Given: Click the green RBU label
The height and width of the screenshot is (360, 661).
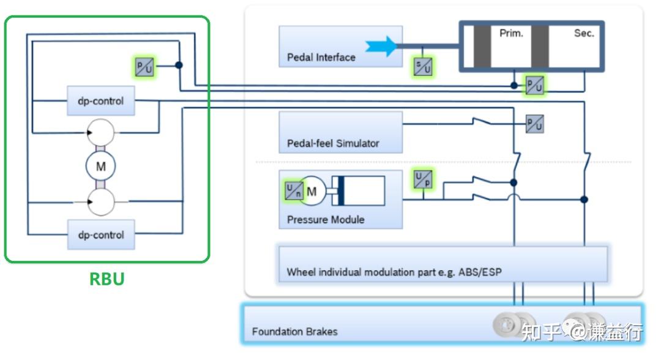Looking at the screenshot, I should pyautogui.click(x=107, y=279).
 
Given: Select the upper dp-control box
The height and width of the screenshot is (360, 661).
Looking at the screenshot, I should pyautogui.click(x=100, y=101).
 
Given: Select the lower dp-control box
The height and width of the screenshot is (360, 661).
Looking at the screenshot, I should pyautogui.click(x=100, y=235).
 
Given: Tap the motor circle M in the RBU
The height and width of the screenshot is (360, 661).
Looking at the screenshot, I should pyautogui.click(x=100, y=166).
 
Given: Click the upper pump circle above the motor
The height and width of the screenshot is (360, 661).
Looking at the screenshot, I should pyautogui.click(x=100, y=131).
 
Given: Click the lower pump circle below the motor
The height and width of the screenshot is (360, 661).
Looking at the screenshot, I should pyautogui.click(x=100, y=201).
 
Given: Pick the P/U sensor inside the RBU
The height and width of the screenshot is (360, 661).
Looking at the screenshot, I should pyautogui.click(x=144, y=67).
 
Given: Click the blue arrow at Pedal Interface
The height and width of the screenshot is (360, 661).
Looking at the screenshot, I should pyautogui.click(x=381, y=47).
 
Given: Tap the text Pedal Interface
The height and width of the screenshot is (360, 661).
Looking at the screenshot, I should pyautogui.click(x=321, y=58).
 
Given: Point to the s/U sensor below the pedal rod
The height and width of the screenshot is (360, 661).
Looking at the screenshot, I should pyautogui.click(x=422, y=66).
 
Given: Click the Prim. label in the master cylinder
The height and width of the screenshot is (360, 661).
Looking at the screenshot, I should pyautogui.click(x=511, y=34).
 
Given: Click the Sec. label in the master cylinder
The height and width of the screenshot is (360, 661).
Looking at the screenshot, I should pyautogui.click(x=584, y=34).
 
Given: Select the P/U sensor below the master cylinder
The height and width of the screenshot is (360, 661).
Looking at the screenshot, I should pyautogui.click(x=534, y=85).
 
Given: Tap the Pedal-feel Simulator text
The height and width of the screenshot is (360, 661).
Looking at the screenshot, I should pyautogui.click(x=333, y=143).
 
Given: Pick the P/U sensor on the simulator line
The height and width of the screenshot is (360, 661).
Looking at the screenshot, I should pyautogui.click(x=534, y=124).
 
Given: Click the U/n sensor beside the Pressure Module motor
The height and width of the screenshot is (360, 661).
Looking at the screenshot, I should pyautogui.click(x=293, y=191).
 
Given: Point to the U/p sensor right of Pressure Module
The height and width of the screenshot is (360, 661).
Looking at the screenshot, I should pyautogui.click(x=422, y=179).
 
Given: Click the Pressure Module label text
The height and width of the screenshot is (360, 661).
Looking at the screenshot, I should pyautogui.click(x=326, y=219).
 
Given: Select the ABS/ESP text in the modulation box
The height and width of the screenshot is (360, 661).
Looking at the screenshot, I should pyautogui.click(x=480, y=272).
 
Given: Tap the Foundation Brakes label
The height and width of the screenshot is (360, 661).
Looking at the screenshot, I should pyautogui.click(x=294, y=332).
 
